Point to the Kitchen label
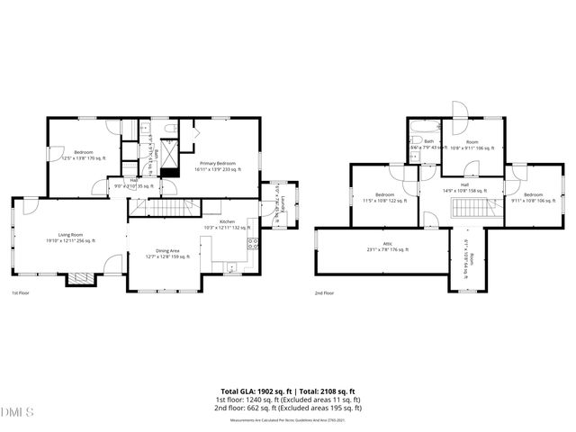tap(228, 221)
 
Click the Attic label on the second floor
tap(387, 244)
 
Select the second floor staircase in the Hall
tap(468, 209)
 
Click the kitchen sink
tap(233, 266)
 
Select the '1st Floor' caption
tap(22, 293)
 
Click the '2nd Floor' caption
tap(325, 293)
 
